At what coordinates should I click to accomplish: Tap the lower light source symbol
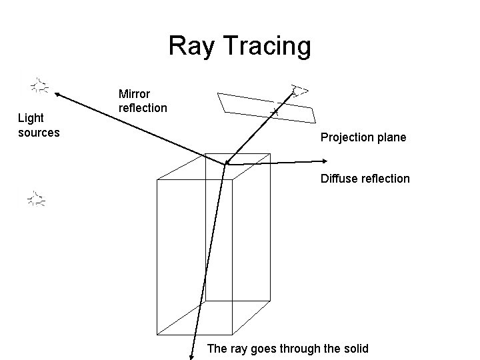pos(35,198)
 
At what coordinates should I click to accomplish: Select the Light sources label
pos(39,125)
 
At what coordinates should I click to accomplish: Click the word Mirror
pos(134,94)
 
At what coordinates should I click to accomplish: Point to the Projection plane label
pos(363,137)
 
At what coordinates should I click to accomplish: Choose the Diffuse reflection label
pos(365,178)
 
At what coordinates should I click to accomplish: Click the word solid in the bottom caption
pos(353,348)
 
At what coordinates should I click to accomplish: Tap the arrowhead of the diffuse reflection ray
pos(324,161)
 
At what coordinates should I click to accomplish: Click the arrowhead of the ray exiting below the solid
pos(191,356)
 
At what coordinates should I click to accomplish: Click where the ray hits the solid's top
pos(227,162)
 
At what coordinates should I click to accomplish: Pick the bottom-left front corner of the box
pos(157,333)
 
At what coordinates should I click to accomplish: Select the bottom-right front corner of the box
pos(232,333)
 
